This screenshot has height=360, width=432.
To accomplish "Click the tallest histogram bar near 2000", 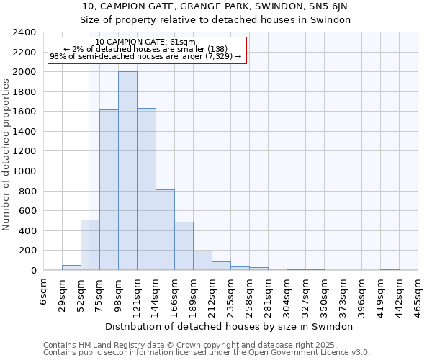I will [127, 171].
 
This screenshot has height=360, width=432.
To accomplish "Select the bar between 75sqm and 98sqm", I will [109, 190].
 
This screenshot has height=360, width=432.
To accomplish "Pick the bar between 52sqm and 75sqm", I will [90, 245].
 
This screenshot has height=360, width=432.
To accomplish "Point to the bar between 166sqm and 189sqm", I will [184, 246].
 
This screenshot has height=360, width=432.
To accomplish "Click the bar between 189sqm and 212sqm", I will [202, 261].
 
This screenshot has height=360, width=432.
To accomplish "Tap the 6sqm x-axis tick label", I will [44, 291].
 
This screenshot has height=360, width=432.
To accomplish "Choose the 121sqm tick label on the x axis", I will [138, 294].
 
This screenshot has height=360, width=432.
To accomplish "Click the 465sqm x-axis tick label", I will [418, 294].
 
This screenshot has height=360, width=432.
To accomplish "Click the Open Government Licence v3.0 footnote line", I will [207, 353].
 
